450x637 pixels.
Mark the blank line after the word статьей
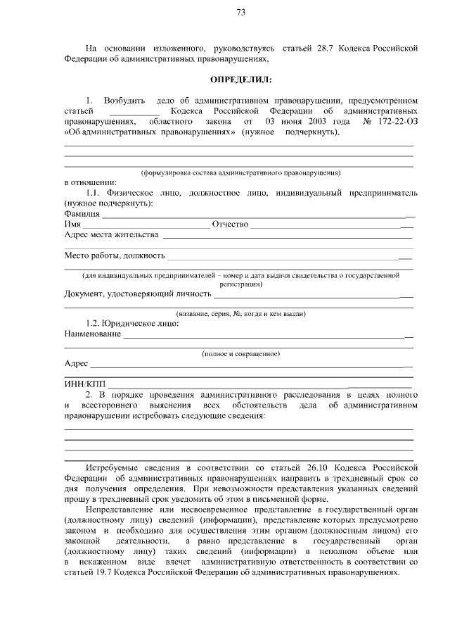135,112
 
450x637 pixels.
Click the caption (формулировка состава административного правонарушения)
240,172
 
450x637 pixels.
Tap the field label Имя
72,224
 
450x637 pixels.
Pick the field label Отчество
231,224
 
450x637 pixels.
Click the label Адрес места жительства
111,234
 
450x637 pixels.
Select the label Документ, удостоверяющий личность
138,294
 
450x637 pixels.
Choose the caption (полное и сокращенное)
240,353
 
